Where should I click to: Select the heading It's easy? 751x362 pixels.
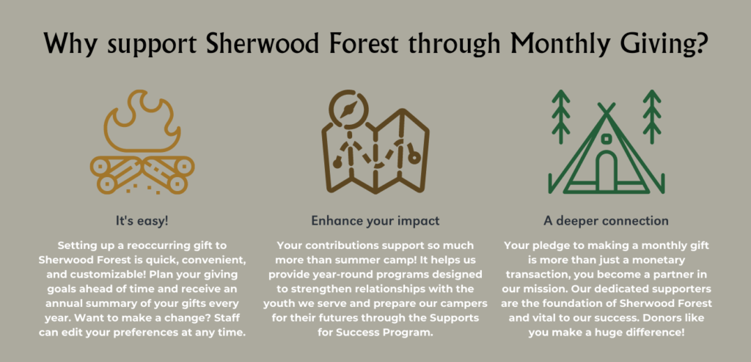pos(143,222)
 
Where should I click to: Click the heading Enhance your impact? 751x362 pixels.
pos(375,222)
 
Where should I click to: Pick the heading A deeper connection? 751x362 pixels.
pos(606,221)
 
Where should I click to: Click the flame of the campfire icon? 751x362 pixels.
pos(142,123)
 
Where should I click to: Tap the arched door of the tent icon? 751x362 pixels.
pos(607,172)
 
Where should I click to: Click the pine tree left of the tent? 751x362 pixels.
pos(561,117)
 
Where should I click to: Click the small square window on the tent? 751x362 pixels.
pos(606,139)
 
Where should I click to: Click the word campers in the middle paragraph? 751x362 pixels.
pos(462,304)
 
